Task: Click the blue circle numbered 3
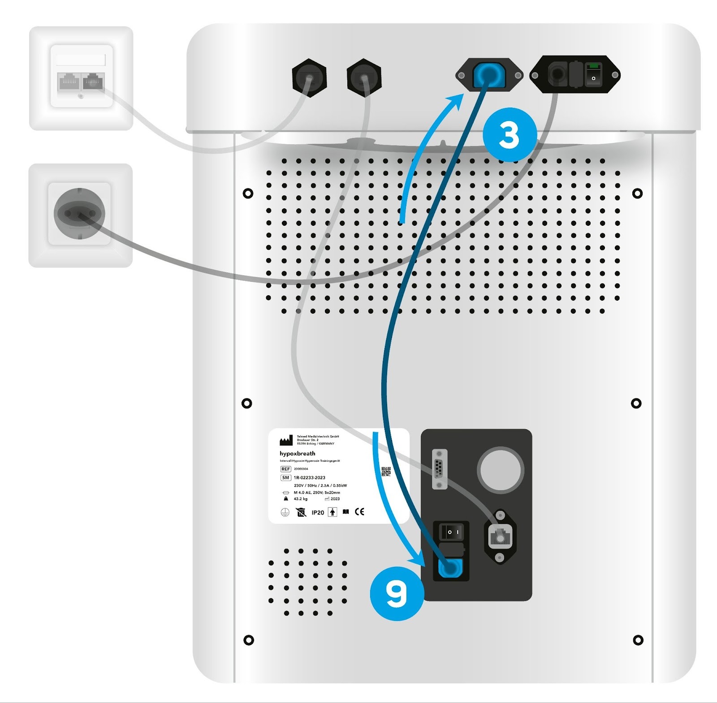[x=510, y=135]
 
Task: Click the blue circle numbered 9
[x=397, y=594]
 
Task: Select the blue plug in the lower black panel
[x=449, y=569]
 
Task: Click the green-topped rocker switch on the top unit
[x=593, y=74]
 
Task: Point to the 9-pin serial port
[x=440, y=470]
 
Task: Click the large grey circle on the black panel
[x=501, y=469]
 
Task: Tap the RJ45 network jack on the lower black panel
[x=500, y=536]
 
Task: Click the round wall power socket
[x=79, y=213]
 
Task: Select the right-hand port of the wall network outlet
[x=93, y=82]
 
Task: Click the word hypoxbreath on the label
[x=297, y=453]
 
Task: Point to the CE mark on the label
[x=359, y=512]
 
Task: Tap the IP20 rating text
[x=318, y=513]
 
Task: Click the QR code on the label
[x=386, y=471]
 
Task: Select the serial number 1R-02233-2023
[x=309, y=478]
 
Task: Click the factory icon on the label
[x=286, y=441]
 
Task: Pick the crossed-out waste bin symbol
[x=301, y=512]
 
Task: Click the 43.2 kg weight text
[x=300, y=499]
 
